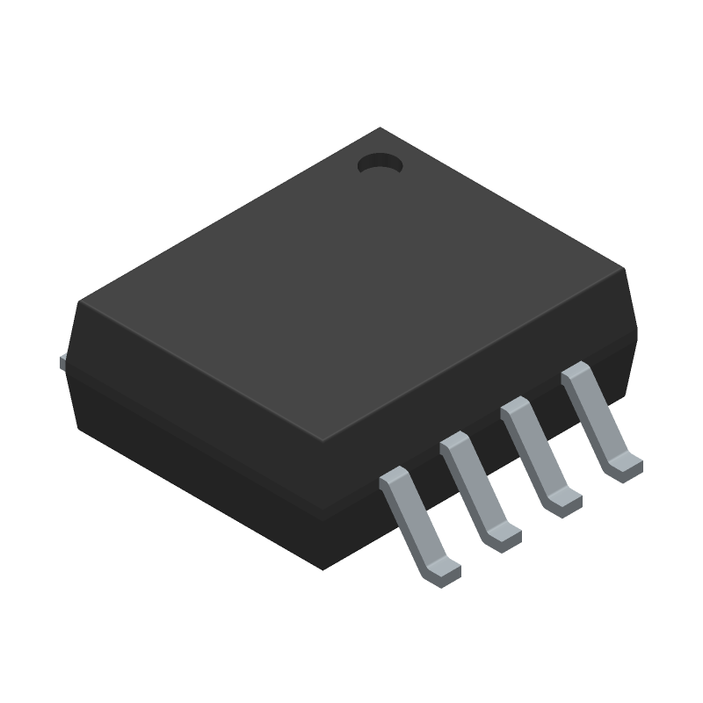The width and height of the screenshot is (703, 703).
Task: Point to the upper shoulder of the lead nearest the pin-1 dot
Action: coord(576,373)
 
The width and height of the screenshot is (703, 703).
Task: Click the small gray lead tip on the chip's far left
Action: coord(62,360)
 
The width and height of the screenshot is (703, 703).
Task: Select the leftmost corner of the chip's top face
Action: coord(79,302)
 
